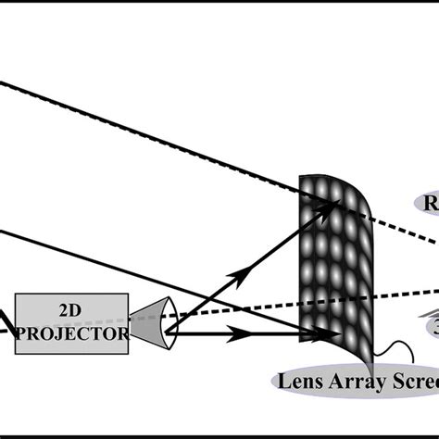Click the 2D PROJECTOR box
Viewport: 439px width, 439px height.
(x=71, y=321)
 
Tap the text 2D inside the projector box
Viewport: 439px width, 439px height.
(x=70, y=311)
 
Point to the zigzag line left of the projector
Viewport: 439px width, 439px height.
(x=7, y=324)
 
